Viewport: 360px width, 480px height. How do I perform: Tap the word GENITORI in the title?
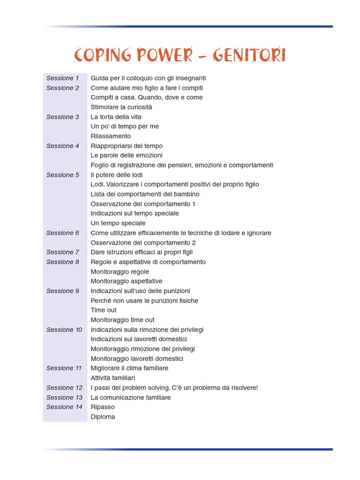click(x=249, y=55)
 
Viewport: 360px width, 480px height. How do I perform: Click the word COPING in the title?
click(x=103, y=55)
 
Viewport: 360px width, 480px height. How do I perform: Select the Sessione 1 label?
click(x=63, y=78)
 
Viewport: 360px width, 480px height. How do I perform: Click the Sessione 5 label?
click(x=63, y=175)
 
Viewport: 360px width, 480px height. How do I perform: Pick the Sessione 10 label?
click(x=64, y=330)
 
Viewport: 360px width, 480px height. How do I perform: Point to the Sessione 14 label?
click(x=64, y=407)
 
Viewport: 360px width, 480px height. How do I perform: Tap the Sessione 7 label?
click(x=63, y=252)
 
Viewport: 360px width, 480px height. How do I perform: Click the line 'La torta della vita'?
click(x=116, y=117)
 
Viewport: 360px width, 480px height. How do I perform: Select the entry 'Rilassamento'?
click(x=111, y=136)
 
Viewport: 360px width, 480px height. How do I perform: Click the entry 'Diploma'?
click(x=103, y=417)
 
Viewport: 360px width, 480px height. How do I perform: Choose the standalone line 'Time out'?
click(x=104, y=310)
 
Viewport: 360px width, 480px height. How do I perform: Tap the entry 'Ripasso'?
click(x=103, y=407)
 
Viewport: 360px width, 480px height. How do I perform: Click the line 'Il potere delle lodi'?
click(x=116, y=175)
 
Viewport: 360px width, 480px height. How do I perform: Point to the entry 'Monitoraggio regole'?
click(x=120, y=271)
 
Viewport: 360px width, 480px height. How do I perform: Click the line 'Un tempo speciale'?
click(x=118, y=223)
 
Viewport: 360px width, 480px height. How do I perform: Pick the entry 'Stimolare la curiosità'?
click(x=121, y=107)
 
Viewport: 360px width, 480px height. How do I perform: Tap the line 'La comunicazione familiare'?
click(x=130, y=397)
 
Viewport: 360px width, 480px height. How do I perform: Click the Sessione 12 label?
click(x=64, y=388)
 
